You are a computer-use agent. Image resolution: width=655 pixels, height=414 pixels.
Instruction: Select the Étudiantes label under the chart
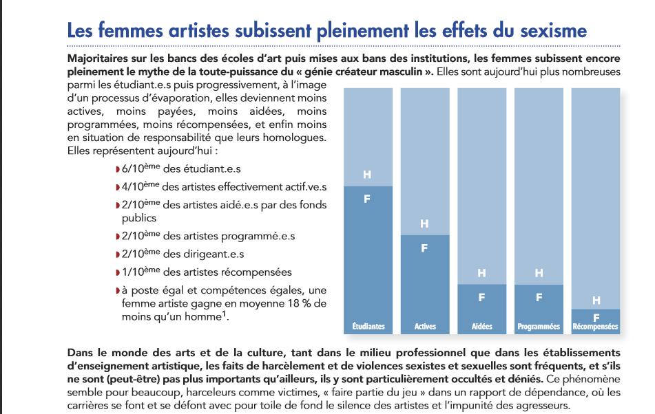point(368,327)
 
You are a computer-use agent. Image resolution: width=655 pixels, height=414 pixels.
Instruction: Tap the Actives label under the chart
point(425,327)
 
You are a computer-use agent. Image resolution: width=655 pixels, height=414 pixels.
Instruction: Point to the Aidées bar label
point(481,327)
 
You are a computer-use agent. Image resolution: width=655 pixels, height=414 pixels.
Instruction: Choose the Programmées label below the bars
point(539,327)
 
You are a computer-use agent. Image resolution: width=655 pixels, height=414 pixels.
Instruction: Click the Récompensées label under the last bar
point(595,327)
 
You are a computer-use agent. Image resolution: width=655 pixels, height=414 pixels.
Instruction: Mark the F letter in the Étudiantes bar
point(367,199)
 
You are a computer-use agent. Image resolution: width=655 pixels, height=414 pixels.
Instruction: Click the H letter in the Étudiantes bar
point(367,175)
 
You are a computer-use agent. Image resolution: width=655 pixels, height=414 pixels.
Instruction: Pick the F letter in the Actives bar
point(424,248)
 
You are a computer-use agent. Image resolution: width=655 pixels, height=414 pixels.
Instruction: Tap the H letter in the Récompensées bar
point(596,301)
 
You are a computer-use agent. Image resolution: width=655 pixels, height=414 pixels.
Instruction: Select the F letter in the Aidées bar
point(481,297)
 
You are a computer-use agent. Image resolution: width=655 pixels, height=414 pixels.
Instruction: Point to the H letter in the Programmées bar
point(539,273)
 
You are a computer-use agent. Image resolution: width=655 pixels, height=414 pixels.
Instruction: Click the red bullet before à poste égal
point(118,291)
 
